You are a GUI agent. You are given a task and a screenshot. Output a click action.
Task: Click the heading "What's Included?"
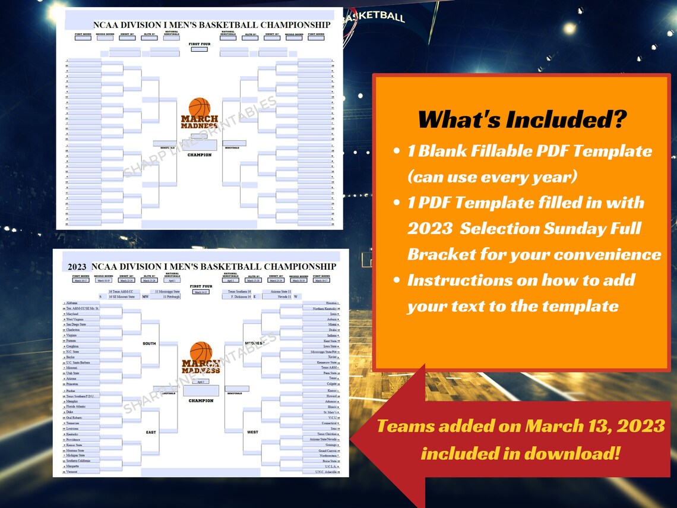(x=522, y=119)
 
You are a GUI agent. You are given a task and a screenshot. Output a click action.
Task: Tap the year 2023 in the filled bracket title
(x=77, y=267)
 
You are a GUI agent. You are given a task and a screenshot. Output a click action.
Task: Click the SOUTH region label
(x=149, y=343)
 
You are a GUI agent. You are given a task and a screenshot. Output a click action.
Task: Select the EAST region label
(x=151, y=432)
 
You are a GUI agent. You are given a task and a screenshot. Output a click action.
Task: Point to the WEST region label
(x=252, y=432)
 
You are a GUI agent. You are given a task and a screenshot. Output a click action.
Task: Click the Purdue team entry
(x=71, y=390)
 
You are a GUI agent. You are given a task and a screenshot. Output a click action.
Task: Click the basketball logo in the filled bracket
(x=201, y=352)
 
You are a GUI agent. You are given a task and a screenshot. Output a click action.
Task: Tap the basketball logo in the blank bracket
(x=200, y=108)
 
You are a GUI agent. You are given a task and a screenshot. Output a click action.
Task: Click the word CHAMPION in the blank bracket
(x=200, y=155)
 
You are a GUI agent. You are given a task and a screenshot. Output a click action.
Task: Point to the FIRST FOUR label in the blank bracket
(x=200, y=44)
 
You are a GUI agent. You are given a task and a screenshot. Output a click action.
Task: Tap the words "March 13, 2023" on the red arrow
(x=593, y=426)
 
